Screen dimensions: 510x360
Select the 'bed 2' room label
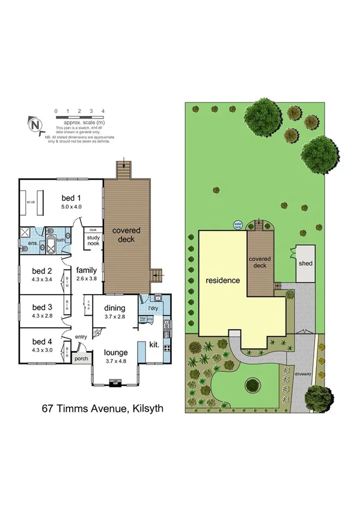click(x=41, y=271)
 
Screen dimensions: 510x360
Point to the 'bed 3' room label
click(x=41, y=307)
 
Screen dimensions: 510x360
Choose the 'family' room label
click(x=86, y=271)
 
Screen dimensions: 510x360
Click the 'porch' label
click(x=80, y=360)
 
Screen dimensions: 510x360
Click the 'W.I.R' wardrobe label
click(x=28, y=202)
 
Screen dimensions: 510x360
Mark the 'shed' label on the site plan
click(x=305, y=263)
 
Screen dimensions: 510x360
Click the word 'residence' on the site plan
click(x=223, y=280)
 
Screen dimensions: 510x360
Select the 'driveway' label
click(x=302, y=373)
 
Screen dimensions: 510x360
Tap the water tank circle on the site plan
click(x=237, y=225)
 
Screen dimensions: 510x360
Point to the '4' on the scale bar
click(x=103, y=111)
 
